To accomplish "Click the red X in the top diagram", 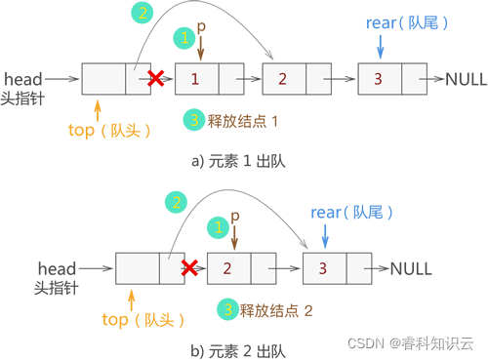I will pyautogui.click(x=154, y=76).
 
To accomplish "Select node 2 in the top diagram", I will pyautogui.click(x=283, y=77).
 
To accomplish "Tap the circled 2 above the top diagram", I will pyautogui.click(x=143, y=14).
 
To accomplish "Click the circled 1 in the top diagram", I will pyautogui.click(x=184, y=38).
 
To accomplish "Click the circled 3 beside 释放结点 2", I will pyautogui.click(x=227, y=310).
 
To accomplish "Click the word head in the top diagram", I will pyautogui.click(x=24, y=76).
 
